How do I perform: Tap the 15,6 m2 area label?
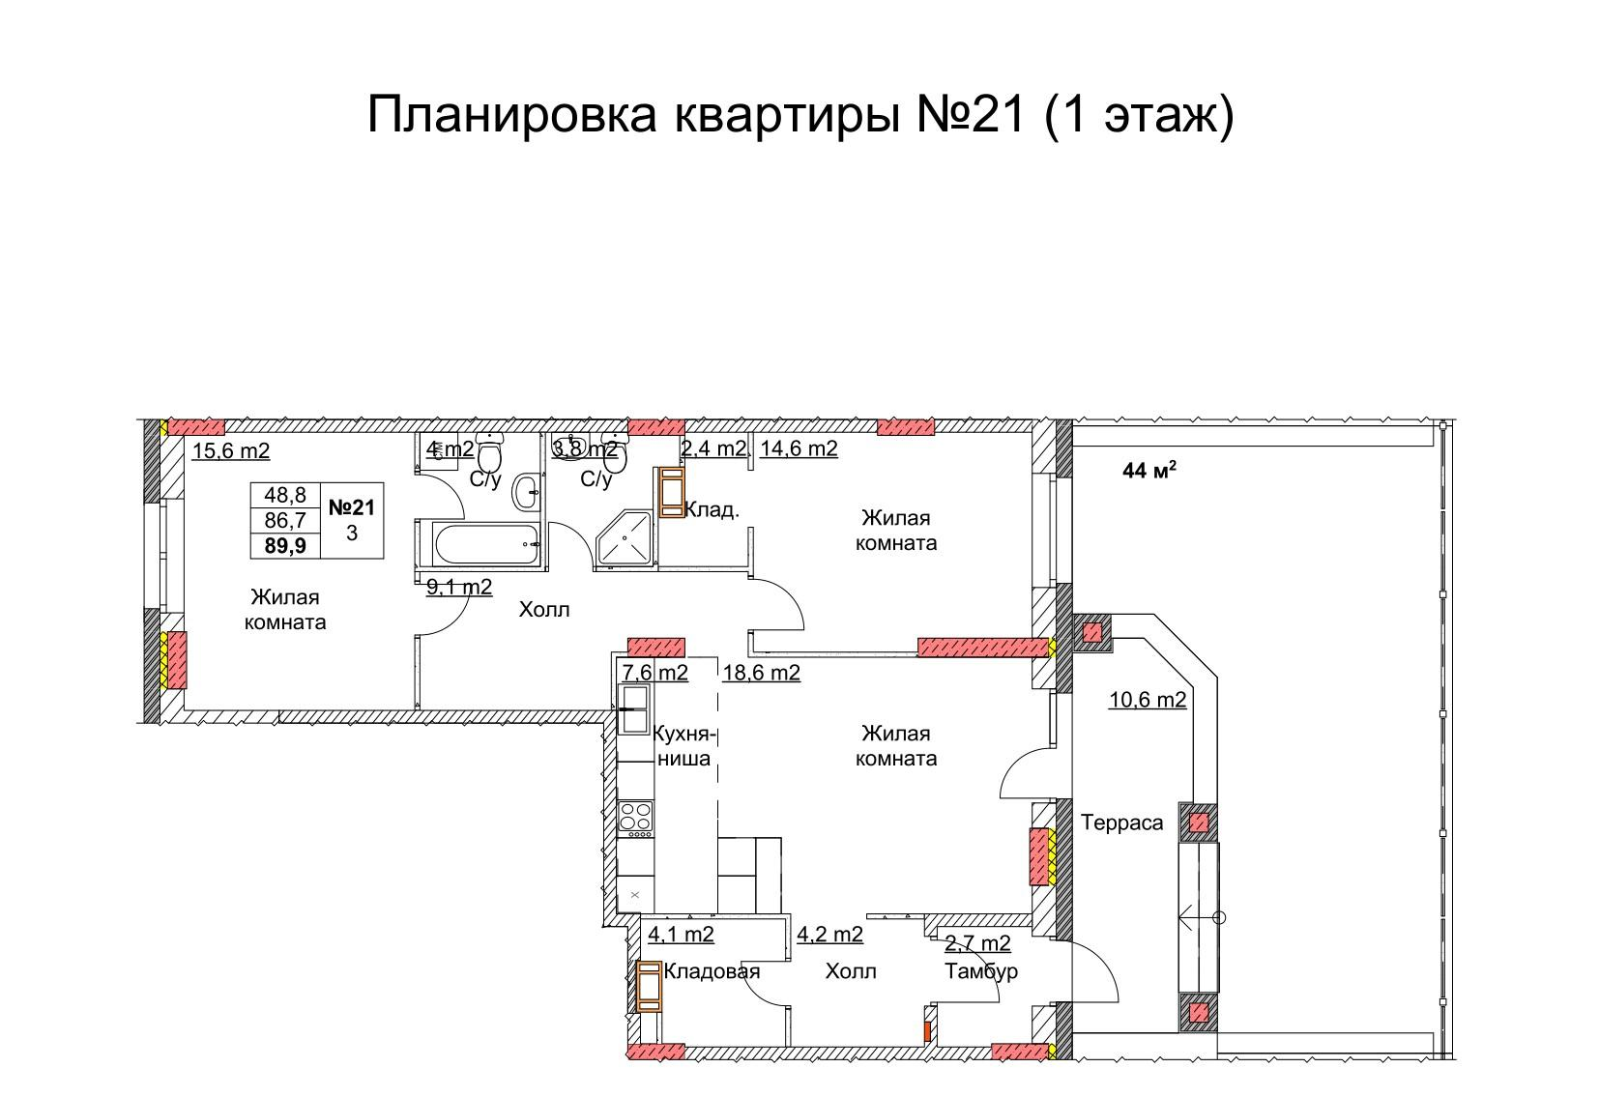click(231, 450)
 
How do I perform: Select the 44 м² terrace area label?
click(1148, 472)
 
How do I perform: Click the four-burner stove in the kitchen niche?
click(635, 818)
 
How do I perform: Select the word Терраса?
click(1121, 823)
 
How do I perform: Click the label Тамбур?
click(981, 971)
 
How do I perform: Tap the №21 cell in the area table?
click(352, 507)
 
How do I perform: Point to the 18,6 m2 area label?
click(761, 673)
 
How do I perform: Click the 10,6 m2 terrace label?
click(1147, 700)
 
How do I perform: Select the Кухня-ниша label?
click(684, 745)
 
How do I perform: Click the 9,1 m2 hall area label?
click(459, 587)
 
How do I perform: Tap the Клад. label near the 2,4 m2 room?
click(712, 509)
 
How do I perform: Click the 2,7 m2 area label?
click(977, 943)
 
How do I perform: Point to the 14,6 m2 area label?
click(799, 448)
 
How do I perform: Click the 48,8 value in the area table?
click(285, 495)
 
